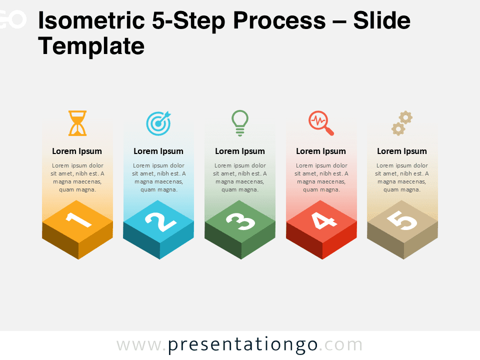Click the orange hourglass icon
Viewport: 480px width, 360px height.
point(77,123)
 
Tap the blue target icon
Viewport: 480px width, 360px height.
point(158,123)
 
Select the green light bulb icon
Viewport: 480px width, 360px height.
point(240,123)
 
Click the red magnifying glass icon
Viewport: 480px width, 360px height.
point(321,123)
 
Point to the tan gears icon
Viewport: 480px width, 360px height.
point(402,123)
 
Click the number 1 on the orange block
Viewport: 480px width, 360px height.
point(78,219)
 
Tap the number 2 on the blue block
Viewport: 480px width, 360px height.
point(160,221)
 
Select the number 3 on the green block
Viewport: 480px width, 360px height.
point(240,221)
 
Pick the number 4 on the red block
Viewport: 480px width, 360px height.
point(324,220)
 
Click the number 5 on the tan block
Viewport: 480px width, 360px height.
point(402,220)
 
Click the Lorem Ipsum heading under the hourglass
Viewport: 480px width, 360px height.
point(77,151)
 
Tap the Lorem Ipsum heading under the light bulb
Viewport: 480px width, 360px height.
point(240,151)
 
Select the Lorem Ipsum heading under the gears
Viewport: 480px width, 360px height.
point(402,151)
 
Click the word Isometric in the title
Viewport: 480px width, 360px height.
point(91,20)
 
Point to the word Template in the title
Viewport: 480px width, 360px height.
point(91,46)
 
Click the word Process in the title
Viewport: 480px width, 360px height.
point(279,20)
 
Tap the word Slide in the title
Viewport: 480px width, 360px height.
point(381,20)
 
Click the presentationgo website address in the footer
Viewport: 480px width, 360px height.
point(239,345)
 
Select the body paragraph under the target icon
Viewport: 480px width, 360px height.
point(158,177)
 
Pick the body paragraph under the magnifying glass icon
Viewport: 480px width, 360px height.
point(321,177)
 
